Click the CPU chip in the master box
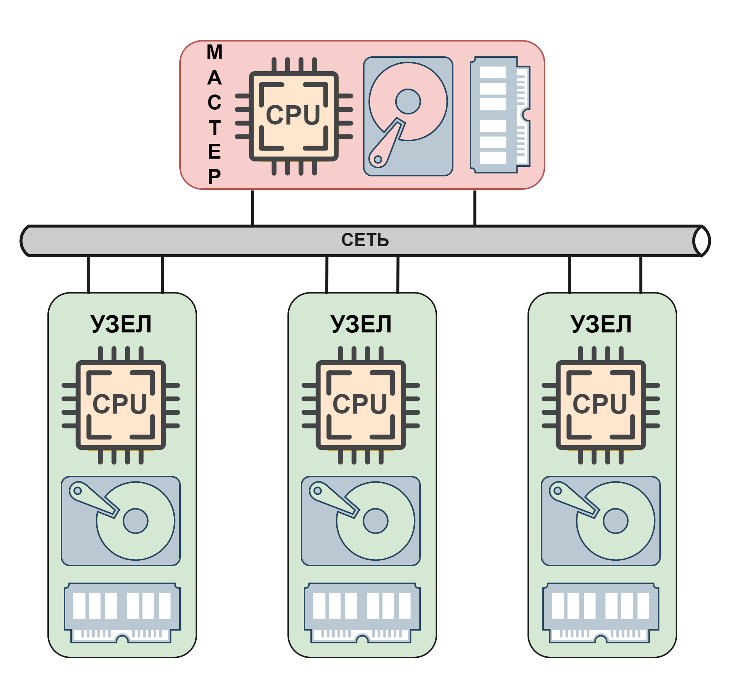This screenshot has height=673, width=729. point(294,116)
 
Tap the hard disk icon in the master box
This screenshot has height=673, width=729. point(408,116)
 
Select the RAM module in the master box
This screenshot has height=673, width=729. point(500,115)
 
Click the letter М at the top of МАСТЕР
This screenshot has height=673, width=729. point(214,52)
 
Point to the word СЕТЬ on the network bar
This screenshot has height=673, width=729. point(365,240)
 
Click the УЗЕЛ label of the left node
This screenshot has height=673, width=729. point(121,324)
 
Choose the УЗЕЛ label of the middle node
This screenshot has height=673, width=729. point(361,324)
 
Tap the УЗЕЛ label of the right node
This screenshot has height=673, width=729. point(601,324)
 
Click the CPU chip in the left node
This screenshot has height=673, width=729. point(121,405)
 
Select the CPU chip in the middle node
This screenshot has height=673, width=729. point(361,405)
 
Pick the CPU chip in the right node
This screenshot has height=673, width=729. point(601,405)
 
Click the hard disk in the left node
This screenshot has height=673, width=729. point(121,521)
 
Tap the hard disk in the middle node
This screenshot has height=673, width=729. point(361,521)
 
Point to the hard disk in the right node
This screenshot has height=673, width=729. point(601,521)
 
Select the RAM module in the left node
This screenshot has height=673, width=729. point(122,613)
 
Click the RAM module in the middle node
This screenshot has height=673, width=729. point(362,613)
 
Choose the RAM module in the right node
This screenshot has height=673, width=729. point(601,613)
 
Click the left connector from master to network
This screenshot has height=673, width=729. point(253,208)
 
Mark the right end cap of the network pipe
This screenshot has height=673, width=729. point(702,241)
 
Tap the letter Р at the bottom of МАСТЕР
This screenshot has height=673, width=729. point(214,176)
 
